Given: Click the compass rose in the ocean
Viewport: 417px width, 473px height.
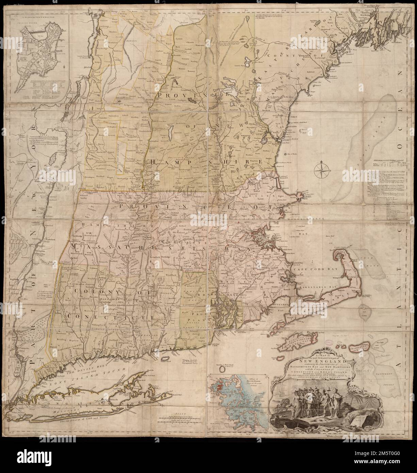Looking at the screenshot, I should click(x=322, y=169).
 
